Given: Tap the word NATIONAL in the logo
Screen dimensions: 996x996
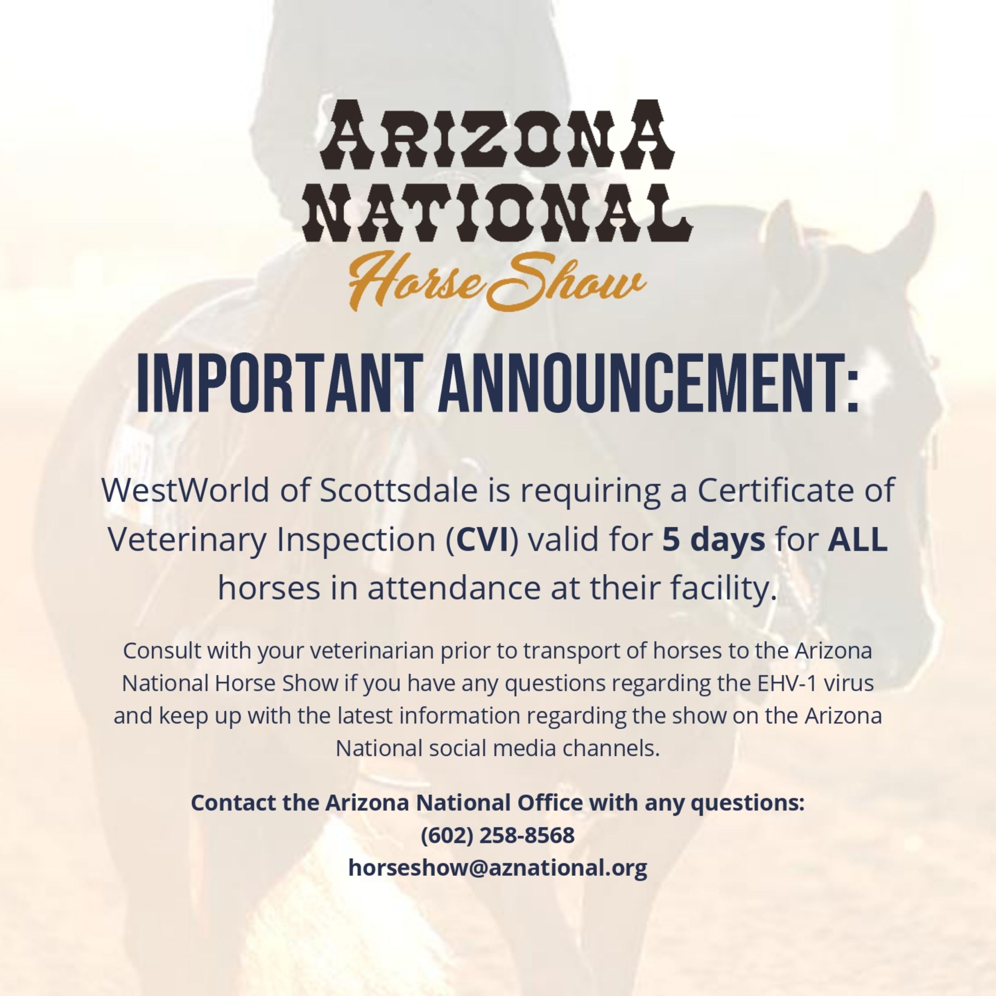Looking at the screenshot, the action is pyautogui.click(x=498, y=212).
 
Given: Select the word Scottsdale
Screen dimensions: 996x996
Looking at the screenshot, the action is pyautogui.click(x=398, y=490).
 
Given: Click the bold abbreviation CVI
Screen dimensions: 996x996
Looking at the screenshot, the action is pyautogui.click(x=482, y=540).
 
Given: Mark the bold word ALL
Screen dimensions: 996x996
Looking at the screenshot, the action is pyautogui.click(x=858, y=540).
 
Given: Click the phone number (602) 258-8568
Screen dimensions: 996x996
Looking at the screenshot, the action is pyautogui.click(x=498, y=836).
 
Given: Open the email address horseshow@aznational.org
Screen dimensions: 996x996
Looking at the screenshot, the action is pyautogui.click(x=498, y=868).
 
